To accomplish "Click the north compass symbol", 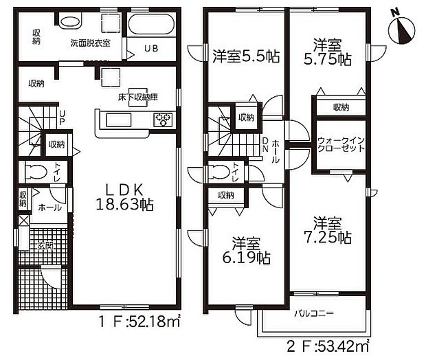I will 401,28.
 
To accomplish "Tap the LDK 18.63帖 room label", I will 124,195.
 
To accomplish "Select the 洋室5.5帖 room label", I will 245,57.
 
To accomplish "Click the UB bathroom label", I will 150,47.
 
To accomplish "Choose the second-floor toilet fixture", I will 218,171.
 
